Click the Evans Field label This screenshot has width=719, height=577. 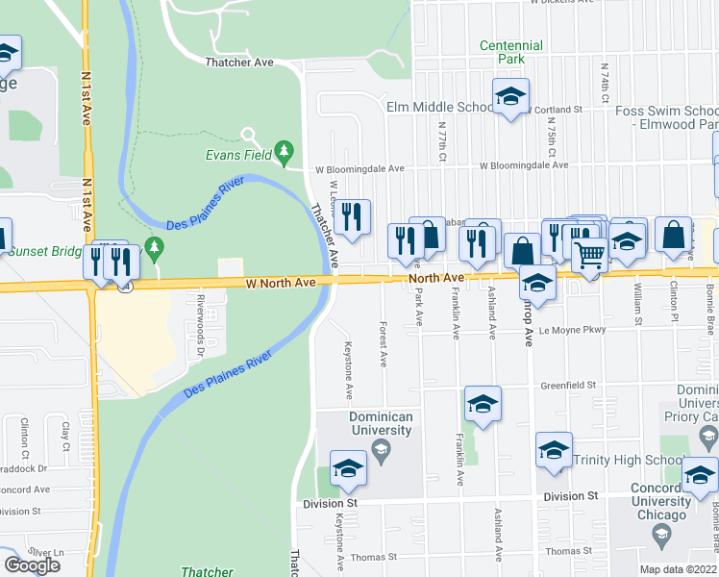pos(236,153)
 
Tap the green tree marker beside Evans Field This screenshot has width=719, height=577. pos(284,151)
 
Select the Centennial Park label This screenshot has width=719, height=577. pos(511,52)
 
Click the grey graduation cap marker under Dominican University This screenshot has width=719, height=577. pos(381,450)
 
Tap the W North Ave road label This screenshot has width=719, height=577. pos(281,284)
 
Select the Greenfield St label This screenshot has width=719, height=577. pos(567,385)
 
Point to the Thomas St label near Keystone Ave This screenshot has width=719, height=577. pos(374,557)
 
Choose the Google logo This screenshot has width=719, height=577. pos(32,565)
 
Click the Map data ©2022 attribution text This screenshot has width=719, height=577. pos(679,569)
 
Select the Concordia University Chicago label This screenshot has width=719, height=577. pos(663,501)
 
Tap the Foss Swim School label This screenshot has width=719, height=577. pos(655,117)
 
